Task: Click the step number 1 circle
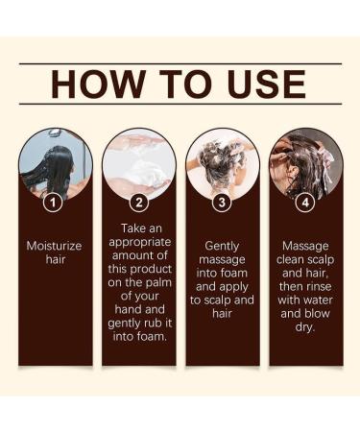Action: pos(56,203)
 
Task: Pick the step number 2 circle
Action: pos(139,203)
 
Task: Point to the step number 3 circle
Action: pos(223,203)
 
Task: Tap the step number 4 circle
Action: pos(306,203)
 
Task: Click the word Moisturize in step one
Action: pos(56,246)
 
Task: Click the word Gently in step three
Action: pos(223,246)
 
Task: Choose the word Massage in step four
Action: pos(306,246)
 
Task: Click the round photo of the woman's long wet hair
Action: pos(56,163)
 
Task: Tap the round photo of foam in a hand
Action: pos(139,163)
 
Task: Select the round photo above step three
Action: pos(223,163)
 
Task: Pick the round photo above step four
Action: pos(306,163)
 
